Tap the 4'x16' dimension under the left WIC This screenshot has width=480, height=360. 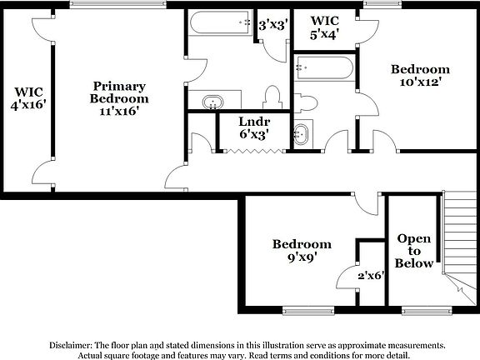27,105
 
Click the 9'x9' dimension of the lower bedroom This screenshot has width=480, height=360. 302,257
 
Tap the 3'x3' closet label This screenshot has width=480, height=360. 272,25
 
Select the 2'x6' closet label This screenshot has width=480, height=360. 371,275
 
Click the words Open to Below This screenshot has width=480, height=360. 414,251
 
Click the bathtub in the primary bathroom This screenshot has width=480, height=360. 218,23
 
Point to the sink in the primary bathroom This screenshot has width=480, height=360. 213,103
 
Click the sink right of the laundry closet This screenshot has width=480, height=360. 301,134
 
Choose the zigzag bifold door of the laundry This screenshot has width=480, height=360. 246,150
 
